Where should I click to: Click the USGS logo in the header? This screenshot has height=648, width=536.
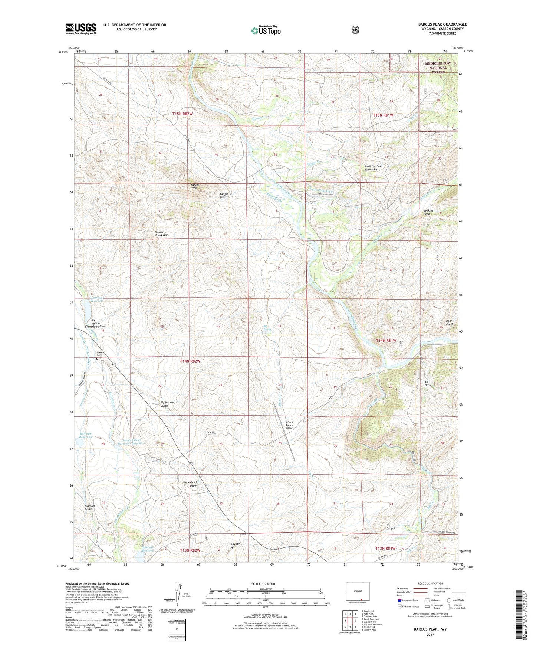point(81,29)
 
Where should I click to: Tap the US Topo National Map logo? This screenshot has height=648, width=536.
point(266,30)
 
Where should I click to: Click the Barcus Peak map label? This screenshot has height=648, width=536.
point(195,186)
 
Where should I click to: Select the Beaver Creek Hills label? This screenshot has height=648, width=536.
point(162,234)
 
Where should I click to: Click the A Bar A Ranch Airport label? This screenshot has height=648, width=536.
point(289,425)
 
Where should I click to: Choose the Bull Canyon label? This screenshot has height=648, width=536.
point(391,526)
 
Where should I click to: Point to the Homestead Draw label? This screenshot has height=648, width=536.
point(190,484)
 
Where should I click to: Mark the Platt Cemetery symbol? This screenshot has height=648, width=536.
point(98,359)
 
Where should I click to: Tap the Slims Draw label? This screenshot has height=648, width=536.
point(428,383)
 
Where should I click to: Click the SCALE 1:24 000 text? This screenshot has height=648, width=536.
point(263,584)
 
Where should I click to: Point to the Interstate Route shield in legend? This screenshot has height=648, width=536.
point(399,600)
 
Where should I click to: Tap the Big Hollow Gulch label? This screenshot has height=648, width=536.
point(167,404)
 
